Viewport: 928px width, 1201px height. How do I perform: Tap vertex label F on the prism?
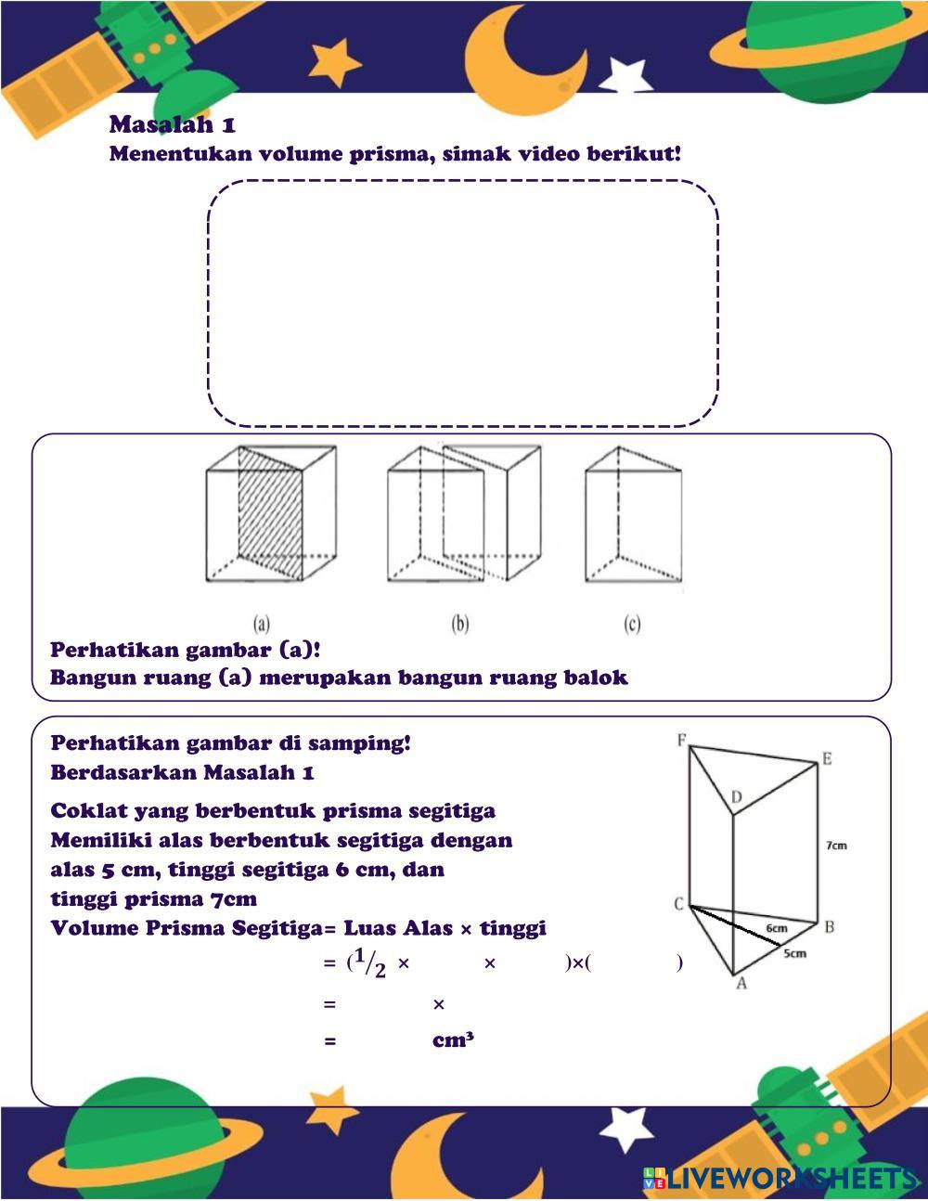pos(682,741)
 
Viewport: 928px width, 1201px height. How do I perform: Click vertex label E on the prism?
pos(826,759)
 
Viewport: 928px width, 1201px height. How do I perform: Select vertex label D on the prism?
pos(736,797)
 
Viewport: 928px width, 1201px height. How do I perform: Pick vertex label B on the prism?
pos(829,926)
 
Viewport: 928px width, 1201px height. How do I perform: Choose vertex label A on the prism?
pos(741,983)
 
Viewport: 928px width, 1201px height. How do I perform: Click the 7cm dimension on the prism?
pos(836,846)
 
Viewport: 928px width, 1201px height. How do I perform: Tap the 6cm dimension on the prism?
pos(777,927)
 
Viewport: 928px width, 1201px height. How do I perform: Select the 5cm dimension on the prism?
pos(794,953)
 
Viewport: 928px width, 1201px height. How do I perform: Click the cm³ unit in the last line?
pos(453,1040)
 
